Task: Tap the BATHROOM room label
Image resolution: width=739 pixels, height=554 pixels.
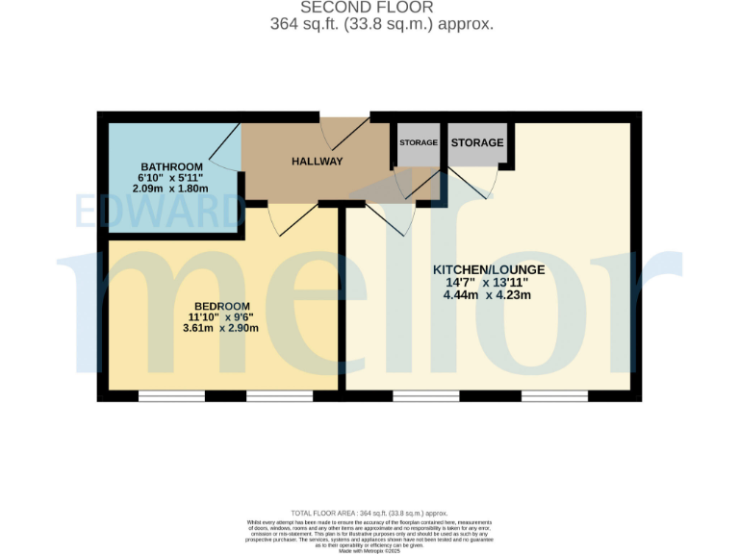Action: (171, 166)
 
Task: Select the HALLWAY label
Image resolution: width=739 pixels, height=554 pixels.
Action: (317, 162)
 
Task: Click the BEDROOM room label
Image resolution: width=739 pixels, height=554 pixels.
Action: (222, 306)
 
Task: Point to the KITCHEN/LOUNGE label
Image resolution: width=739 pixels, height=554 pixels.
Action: (488, 269)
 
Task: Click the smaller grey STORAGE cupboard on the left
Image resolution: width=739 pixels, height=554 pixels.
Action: (419, 143)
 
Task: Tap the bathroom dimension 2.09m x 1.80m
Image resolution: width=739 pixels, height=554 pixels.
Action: (171, 189)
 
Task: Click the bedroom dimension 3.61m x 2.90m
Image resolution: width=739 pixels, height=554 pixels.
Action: (222, 329)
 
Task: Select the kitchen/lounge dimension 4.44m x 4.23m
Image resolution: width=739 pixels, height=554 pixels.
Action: (487, 295)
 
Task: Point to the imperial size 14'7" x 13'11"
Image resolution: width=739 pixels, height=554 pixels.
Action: (487, 283)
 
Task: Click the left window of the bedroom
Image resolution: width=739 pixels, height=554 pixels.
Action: (170, 395)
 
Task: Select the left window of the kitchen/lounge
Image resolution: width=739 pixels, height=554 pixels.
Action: (424, 395)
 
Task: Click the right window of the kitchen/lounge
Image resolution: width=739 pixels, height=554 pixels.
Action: (554, 395)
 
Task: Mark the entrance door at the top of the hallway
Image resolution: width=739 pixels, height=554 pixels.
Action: (344, 130)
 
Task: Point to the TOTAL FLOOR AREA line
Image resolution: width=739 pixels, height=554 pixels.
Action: (369, 514)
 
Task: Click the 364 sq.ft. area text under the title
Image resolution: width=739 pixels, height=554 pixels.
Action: (382, 24)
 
